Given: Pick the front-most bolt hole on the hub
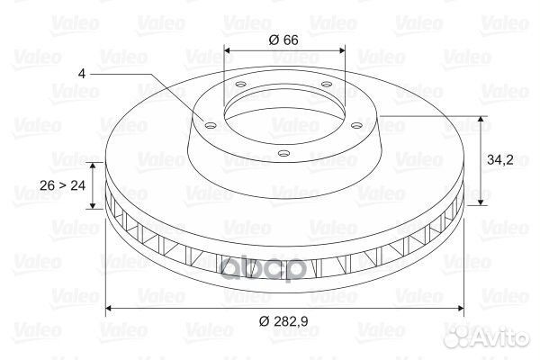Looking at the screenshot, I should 283,153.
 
